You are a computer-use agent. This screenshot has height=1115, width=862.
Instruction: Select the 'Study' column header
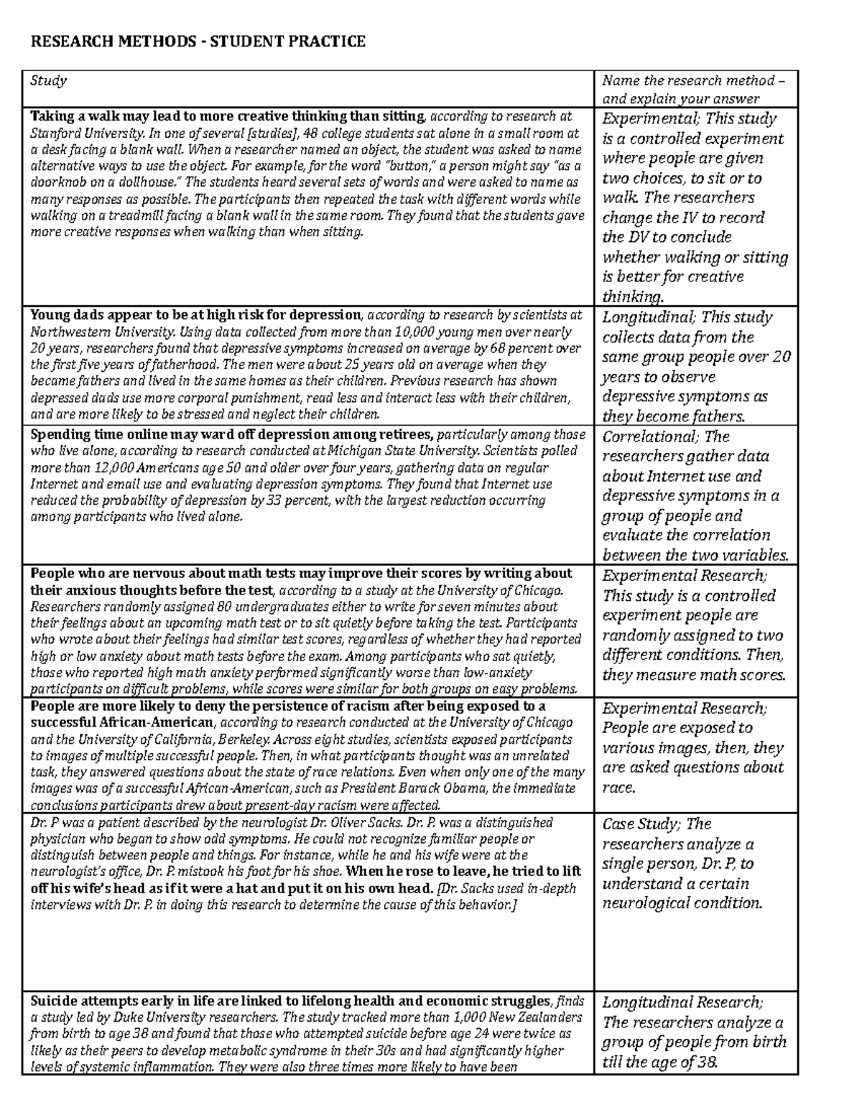(48, 80)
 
